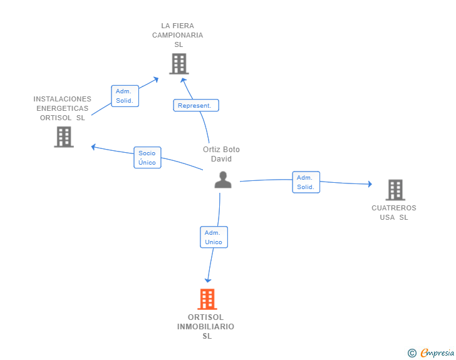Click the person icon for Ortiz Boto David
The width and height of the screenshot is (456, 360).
(x=223, y=180)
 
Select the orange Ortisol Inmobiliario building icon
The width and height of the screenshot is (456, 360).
(x=207, y=299)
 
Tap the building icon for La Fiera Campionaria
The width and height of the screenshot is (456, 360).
(x=179, y=64)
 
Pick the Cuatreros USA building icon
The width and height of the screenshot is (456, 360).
(x=395, y=190)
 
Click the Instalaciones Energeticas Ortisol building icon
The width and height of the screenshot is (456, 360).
(x=64, y=136)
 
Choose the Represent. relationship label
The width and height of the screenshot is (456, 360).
(x=196, y=105)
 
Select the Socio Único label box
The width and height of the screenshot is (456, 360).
(x=147, y=157)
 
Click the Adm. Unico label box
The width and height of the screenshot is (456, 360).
(x=214, y=237)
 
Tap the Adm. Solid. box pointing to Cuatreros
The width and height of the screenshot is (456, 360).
(x=306, y=182)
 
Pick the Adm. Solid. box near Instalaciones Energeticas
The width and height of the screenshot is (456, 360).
(x=125, y=96)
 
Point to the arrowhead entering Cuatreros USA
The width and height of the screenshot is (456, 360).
(x=370, y=184)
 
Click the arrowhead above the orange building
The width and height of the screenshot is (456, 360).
(x=208, y=280)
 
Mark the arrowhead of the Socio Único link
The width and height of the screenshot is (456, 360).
(x=93, y=147)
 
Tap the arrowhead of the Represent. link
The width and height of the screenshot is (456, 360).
(x=183, y=81)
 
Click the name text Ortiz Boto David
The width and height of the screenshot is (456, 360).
(x=221, y=154)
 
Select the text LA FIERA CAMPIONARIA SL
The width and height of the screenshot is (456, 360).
(x=178, y=35)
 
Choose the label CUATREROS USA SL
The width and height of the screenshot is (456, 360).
(x=394, y=213)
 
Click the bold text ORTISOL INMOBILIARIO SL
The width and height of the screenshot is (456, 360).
(x=205, y=327)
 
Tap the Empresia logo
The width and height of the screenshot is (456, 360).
(x=437, y=352)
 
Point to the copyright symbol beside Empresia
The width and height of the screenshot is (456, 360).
(x=412, y=353)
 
